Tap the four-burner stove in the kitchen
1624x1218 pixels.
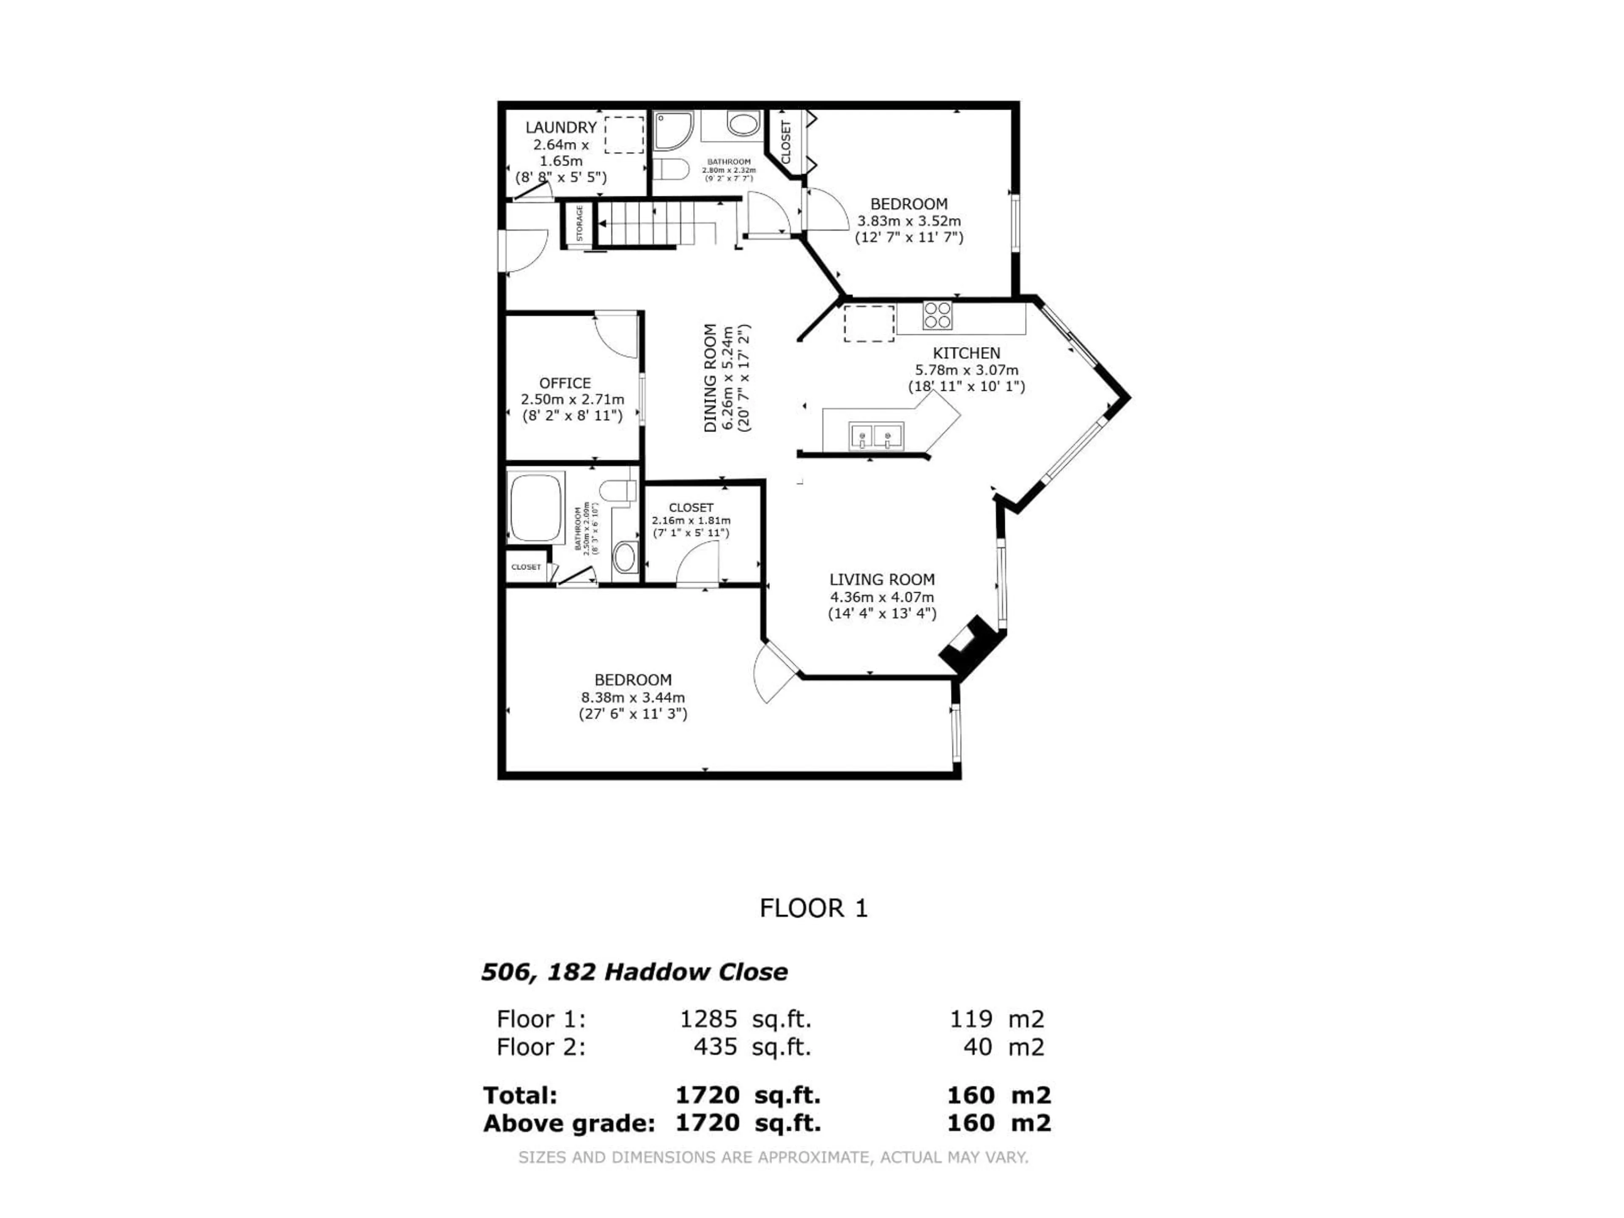tap(938, 315)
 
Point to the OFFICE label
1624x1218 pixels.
tap(565, 383)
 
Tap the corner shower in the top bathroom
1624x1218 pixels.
tap(672, 131)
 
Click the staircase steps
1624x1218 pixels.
tap(646, 222)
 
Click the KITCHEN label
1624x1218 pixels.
tap(966, 353)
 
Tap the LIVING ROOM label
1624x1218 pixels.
tap(882, 580)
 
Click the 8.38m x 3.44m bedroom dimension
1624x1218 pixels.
tap(633, 697)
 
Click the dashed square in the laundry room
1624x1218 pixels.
tap(623, 134)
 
